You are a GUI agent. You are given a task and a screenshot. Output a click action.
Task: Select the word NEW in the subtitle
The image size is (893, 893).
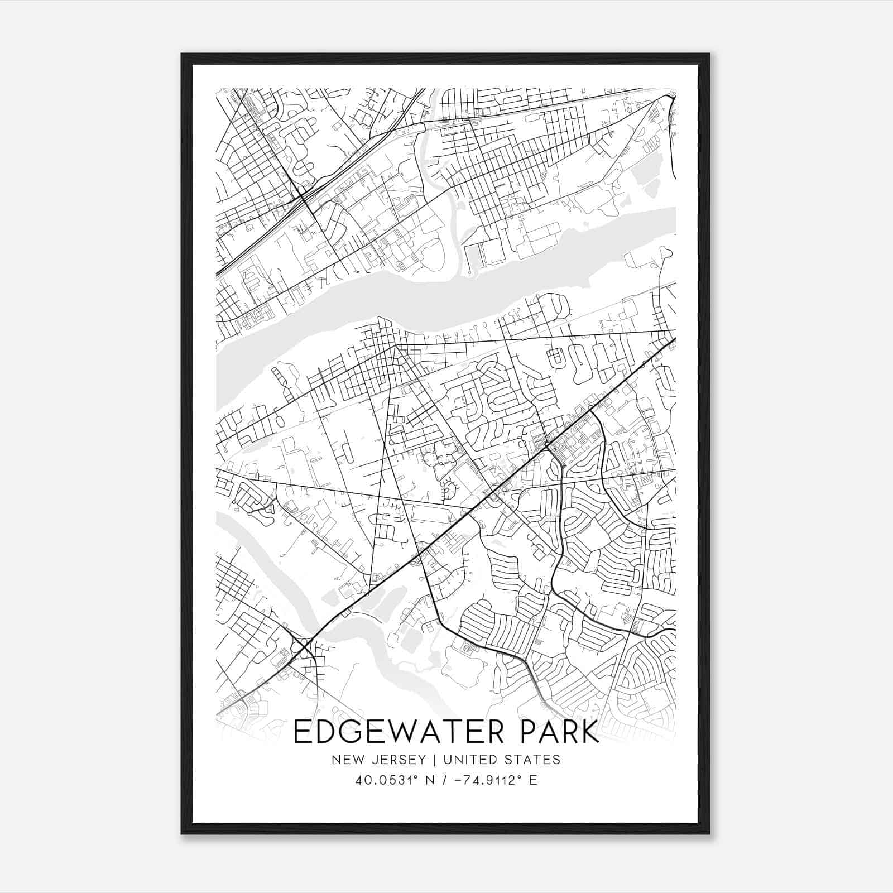(x=344, y=760)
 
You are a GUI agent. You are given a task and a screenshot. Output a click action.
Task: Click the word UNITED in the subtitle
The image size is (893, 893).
(x=464, y=760)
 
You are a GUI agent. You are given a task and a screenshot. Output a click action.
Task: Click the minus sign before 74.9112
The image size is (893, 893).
(x=458, y=780)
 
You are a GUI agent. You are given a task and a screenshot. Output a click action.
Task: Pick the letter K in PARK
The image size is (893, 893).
(x=588, y=732)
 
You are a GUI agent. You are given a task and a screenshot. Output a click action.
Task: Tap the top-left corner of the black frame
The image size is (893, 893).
(x=183, y=55)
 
